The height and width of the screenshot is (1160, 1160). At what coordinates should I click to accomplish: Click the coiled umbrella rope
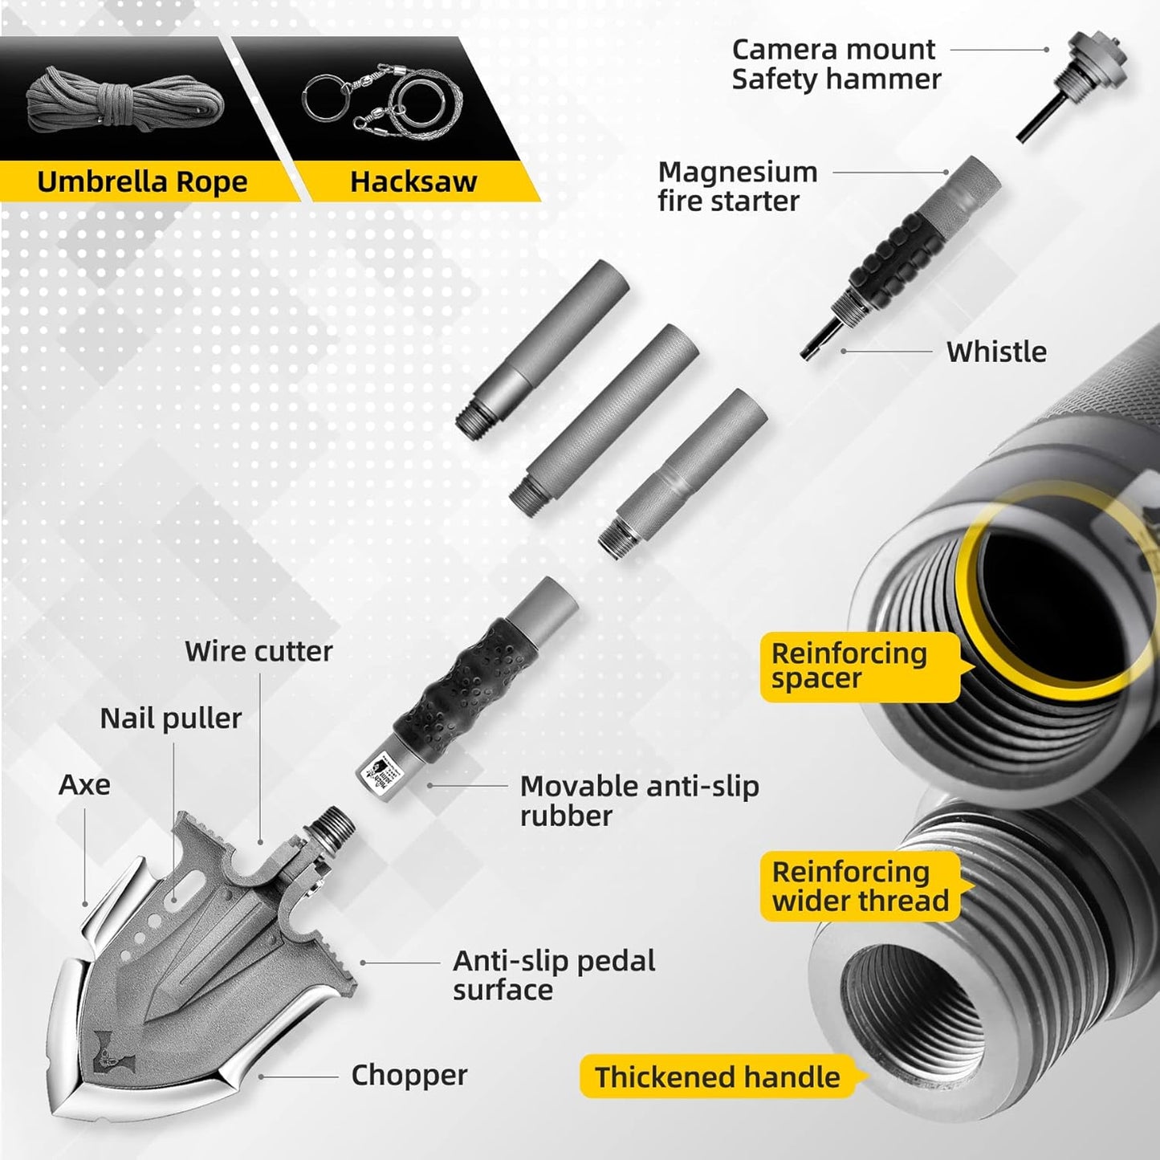coord(124,104)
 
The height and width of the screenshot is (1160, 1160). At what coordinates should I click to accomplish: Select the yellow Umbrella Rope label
coord(142,182)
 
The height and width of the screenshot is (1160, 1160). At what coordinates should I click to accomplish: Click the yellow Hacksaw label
coord(413,182)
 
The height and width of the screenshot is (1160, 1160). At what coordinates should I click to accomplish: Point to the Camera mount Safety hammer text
coord(835,64)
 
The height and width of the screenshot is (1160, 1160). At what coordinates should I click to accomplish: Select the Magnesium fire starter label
coord(737,186)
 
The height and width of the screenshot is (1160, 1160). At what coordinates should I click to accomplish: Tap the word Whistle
coord(995,352)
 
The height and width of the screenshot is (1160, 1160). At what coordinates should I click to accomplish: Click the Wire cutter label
coord(258,651)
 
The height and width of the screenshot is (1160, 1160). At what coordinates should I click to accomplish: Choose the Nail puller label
coord(170,718)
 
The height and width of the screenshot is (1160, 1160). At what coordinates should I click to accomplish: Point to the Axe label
coord(84,784)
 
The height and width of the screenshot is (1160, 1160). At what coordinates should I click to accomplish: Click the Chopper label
coord(409,1075)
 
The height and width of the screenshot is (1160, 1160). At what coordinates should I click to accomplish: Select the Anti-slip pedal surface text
coord(554,975)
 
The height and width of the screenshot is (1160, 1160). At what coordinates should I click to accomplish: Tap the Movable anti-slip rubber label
coord(639,800)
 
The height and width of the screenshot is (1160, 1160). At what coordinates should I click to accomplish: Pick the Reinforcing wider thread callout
coord(860,886)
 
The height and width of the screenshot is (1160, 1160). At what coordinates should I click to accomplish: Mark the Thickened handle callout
coord(717,1077)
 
